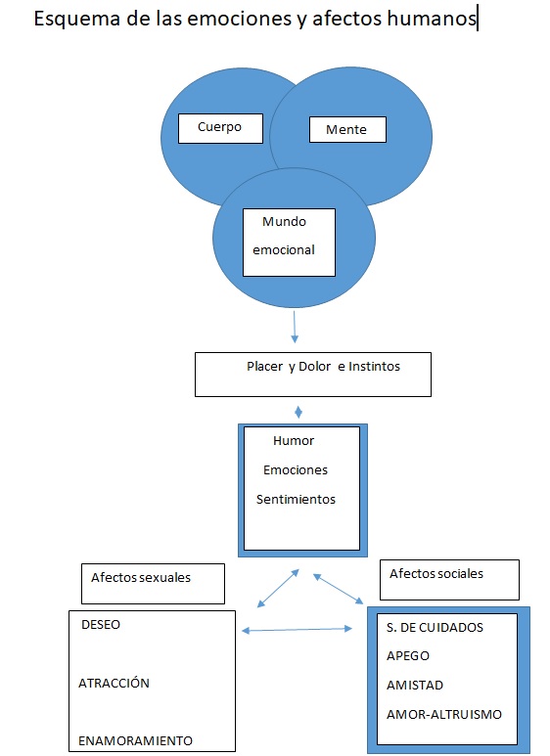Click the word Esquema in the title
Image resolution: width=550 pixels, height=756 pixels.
tap(72, 20)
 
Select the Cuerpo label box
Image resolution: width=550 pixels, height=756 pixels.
tap(222, 127)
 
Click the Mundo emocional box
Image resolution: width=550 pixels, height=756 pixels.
tap(289, 241)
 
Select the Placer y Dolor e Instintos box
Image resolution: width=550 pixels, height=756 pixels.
tap(312, 375)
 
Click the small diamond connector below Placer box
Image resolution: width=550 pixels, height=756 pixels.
tap(298, 412)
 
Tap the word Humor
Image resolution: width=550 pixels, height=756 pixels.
tap(294, 441)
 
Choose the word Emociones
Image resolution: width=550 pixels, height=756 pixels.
tap(296, 470)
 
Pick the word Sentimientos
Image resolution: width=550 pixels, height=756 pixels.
tap(296, 500)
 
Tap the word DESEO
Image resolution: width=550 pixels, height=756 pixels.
tap(101, 625)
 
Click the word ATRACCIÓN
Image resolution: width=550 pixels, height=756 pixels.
tap(115, 684)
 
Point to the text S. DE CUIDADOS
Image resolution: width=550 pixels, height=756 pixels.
tap(435, 627)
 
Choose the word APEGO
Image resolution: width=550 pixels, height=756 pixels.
tap(408, 656)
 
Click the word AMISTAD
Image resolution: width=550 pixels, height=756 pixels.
tap(415, 686)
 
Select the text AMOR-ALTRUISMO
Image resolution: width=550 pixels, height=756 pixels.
tap(444, 715)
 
